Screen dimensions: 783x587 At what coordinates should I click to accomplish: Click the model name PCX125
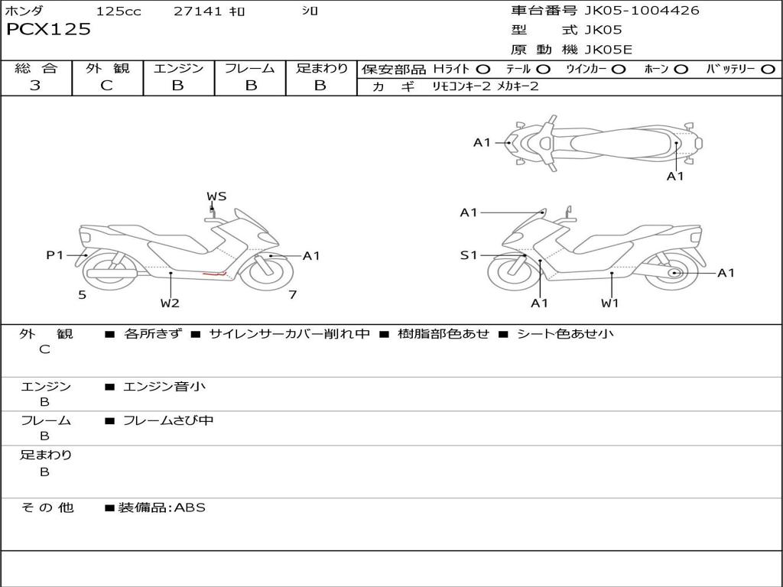48,30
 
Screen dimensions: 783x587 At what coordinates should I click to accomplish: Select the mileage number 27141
198,11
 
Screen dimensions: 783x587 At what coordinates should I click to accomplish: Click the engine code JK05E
609,50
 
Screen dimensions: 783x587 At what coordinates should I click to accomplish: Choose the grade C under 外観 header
106,86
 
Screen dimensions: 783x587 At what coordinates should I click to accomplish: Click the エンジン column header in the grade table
178,68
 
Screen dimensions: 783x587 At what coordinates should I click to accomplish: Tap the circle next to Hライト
483,69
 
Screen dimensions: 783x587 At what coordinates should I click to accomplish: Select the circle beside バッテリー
768,69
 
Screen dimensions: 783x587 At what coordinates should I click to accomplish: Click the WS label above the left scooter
216,196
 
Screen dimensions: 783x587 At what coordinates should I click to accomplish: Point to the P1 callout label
54,255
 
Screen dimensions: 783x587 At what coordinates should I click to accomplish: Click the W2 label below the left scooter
170,303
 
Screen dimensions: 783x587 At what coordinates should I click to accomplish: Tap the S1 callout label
469,255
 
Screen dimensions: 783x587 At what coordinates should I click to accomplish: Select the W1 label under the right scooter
609,303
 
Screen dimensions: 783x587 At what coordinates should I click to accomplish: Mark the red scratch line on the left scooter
214,273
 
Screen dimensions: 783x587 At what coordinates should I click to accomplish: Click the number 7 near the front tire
292,294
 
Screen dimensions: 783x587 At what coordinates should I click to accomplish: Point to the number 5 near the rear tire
82,294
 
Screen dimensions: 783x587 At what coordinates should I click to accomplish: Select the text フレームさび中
168,420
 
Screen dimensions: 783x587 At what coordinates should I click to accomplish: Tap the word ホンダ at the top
24,11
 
